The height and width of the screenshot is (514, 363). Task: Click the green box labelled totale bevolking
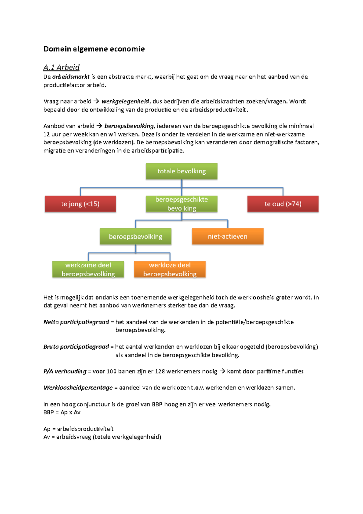(181, 171)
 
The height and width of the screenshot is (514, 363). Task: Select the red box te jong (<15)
(80, 204)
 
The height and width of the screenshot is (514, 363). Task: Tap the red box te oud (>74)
(283, 204)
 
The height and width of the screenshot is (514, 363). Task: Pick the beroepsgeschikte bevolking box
(181, 204)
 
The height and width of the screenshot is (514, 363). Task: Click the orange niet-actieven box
(228, 236)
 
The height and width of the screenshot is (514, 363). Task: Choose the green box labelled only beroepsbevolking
(136, 236)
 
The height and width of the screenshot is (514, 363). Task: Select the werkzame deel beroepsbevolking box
(88, 269)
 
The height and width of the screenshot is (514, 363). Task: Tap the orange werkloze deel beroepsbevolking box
(170, 269)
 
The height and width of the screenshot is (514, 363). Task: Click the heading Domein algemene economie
(94, 49)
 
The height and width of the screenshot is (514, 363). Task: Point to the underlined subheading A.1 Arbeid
(61, 67)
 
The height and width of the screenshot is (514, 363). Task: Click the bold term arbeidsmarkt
(71, 77)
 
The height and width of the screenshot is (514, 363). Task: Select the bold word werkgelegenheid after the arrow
(125, 101)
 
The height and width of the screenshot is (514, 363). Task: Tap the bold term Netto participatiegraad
(76, 322)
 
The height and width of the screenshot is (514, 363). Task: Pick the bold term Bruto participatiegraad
(76, 347)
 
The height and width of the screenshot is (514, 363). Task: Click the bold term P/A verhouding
(65, 371)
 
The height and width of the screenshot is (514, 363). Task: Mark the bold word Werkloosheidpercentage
(78, 387)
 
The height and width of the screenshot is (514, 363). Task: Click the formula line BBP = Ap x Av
(62, 412)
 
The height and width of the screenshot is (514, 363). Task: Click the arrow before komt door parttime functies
(222, 371)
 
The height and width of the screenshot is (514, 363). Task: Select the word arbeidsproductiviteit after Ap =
(85, 429)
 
